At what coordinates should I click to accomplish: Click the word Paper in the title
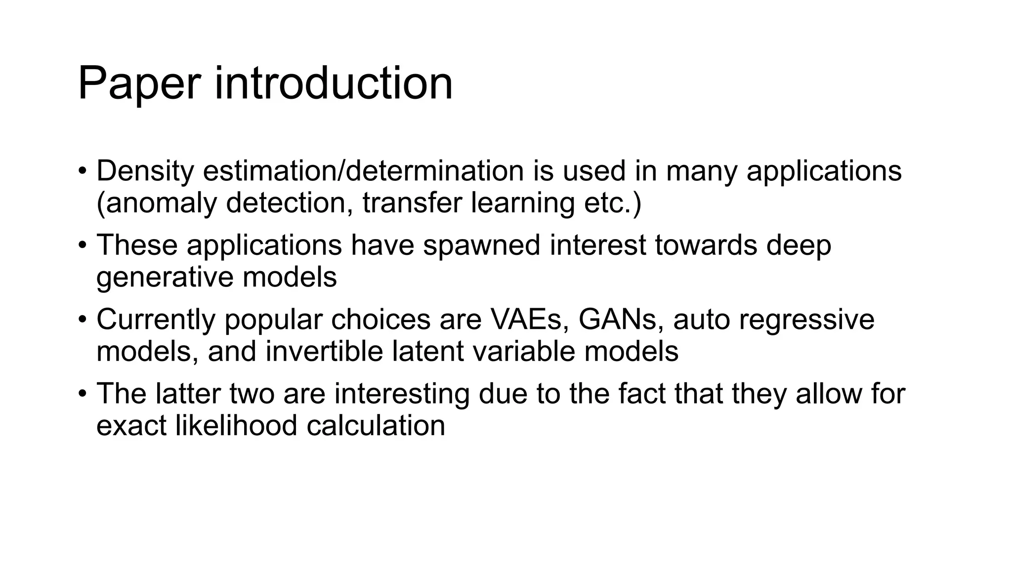(x=139, y=84)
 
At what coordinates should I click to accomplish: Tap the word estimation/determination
(x=363, y=171)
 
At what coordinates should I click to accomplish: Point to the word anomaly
(x=161, y=203)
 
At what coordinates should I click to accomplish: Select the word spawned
(x=482, y=245)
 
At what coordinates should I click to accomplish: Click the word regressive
(x=806, y=320)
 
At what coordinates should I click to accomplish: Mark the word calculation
(x=376, y=425)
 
